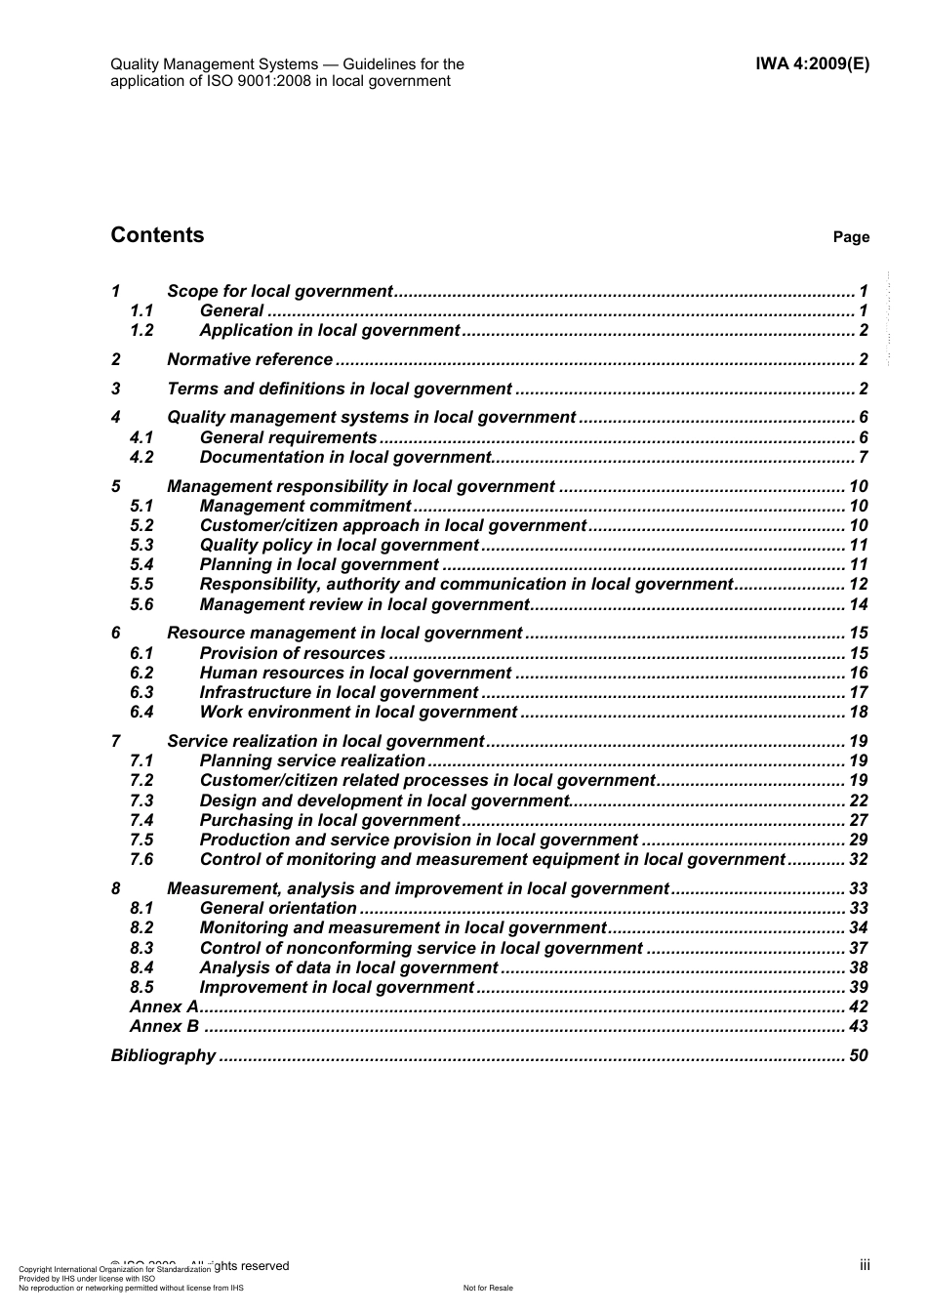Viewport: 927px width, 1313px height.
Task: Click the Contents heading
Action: (157, 235)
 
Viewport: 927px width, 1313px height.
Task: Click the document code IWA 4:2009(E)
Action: (812, 64)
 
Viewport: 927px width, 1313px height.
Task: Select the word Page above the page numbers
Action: (851, 237)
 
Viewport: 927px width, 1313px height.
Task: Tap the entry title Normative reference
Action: (250, 359)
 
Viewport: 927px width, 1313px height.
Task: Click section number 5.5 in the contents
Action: (141, 584)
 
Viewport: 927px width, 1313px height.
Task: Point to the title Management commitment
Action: (305, 506)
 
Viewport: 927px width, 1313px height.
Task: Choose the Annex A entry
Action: (164, 1006)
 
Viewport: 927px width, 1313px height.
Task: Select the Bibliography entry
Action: (163, 1055)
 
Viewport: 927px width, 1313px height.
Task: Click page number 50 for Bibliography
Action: (858, 1055)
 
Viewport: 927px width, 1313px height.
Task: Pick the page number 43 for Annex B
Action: (858, 1026)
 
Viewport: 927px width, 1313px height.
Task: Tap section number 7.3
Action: (141, 800)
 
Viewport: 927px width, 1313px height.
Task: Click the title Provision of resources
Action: (293, 653)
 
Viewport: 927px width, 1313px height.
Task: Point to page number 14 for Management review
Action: (858, 604)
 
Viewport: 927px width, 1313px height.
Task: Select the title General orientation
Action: (278, 908)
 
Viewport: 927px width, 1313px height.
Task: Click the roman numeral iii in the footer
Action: (865, 1264)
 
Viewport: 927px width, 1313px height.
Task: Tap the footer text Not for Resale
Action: (488, 1288)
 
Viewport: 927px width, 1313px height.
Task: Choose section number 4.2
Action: (141, 457)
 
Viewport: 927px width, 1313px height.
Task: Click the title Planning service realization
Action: (312, 760)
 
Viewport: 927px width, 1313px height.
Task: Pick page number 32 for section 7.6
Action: (858, 859)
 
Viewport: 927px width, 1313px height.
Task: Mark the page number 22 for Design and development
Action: (858, 800)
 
